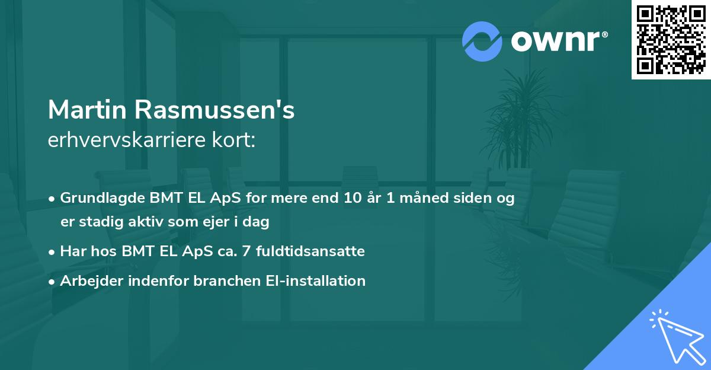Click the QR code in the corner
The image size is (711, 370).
click(671, 40)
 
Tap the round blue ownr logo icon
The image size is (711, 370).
click(482, 41)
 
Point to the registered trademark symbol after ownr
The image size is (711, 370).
click(604, 35)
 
